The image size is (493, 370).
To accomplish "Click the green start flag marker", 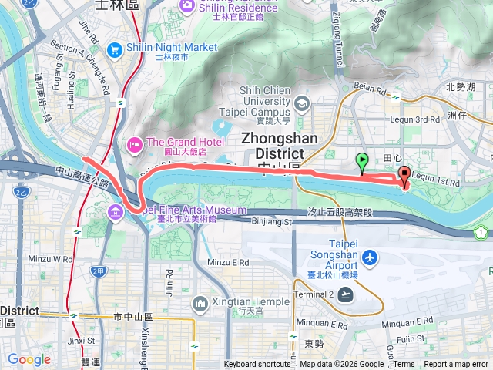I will [x=363, y=161].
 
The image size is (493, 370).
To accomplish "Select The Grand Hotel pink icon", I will [x=134, y=143].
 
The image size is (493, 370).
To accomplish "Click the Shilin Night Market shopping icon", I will [x=114, y=48].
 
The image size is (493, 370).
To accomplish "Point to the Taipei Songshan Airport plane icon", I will [x=371, y=257].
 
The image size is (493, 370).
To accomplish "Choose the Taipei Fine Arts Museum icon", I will [x=116, y=210].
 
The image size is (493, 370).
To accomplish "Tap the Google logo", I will [x=29, y=359].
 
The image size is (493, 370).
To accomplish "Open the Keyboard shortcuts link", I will [x=257, y=365].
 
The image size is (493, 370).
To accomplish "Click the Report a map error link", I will [x=457, y=365].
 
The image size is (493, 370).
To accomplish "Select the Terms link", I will [x=404, y=365].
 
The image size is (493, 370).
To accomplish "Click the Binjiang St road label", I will [x=273, y=222].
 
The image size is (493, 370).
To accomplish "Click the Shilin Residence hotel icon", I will [x=186, y=6].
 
